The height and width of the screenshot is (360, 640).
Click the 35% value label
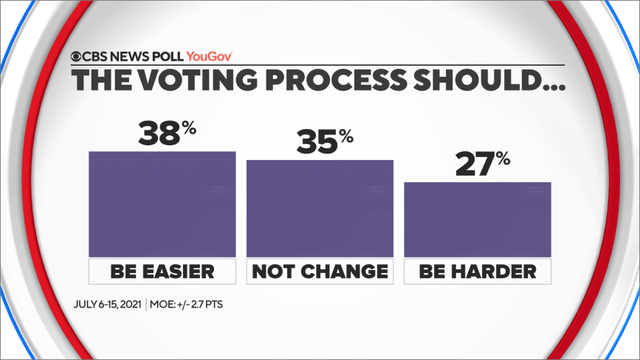[x=322, y=142]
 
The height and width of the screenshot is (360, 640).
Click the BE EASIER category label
[x=162, y=271]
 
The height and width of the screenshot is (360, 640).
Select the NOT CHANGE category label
[x=319, y=271]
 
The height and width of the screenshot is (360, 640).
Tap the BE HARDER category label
[x=477, y=271]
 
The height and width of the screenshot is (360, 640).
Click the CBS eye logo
[x=75, y=57]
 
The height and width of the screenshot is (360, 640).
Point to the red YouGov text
[x=214, y=57]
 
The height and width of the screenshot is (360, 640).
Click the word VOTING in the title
[x=196, y=83]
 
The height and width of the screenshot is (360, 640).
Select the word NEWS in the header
[x=125, y=57]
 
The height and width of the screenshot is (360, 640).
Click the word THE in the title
[x=99, y=83]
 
